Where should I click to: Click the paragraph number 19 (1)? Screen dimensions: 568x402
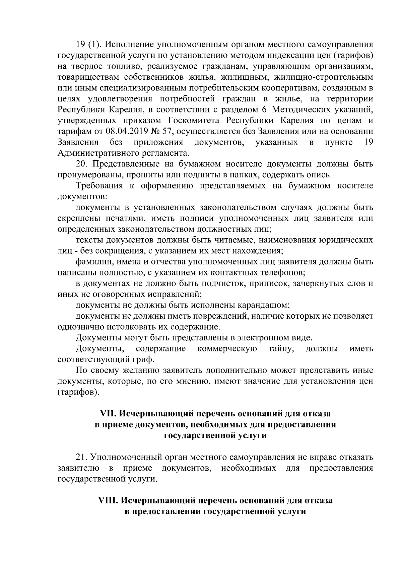[x=85, y=44]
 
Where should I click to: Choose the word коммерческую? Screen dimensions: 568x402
[x=227, y=349]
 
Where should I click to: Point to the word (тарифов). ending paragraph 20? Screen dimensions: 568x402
[x=78, y=392]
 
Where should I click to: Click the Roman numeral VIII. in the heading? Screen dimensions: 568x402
[x=108, y=501]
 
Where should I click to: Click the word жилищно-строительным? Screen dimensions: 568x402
[x=323, y=77]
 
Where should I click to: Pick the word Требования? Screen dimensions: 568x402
[x=98, y=186]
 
